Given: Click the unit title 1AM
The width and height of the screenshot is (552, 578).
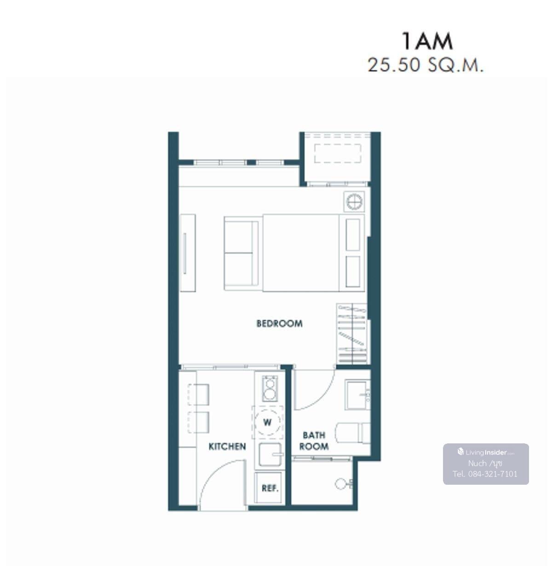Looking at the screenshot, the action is [x=427, y=41].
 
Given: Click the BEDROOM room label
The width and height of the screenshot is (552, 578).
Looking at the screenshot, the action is [x=279, y=324].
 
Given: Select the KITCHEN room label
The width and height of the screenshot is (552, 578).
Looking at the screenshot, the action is [x=227, y=447].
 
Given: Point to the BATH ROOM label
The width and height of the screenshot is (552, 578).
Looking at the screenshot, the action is [x=314, y=441].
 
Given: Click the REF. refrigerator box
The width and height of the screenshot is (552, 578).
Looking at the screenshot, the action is [x=270, y=488].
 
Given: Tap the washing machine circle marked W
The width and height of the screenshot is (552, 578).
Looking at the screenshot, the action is [x=267, y=423].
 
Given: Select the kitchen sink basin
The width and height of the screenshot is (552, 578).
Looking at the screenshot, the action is [x=270, y=454].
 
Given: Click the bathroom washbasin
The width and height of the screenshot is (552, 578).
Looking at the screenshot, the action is [x=357, y=395].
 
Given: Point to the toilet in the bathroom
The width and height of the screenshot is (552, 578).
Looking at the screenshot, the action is [x=353, y=433].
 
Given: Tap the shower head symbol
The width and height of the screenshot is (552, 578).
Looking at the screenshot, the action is [x=343, y=484].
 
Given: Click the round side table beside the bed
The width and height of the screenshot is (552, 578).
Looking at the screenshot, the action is [x=354, y=202].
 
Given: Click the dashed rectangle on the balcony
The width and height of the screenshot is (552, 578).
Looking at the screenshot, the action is [x=338, y=153].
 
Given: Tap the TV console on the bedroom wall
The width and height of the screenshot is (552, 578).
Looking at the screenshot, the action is [x=188, y=253].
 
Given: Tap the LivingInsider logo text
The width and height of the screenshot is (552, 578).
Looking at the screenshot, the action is [x=486, y=452].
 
